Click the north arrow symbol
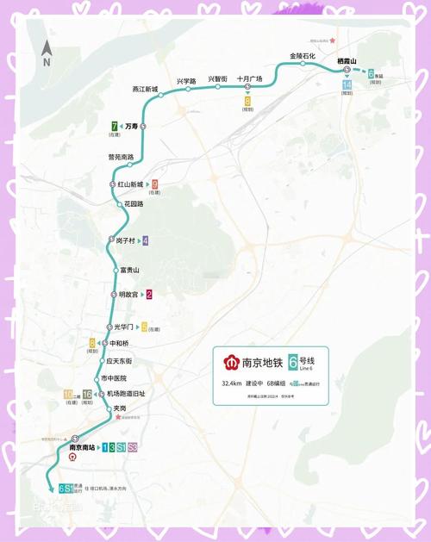47,53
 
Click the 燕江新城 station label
145,89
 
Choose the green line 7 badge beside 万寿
115,126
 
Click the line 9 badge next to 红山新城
154,184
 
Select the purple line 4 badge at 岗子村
146,240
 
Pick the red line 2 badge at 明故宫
149,295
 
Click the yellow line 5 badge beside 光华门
145,327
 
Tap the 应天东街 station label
117,361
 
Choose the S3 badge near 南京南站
133,447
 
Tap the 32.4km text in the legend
231,383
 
